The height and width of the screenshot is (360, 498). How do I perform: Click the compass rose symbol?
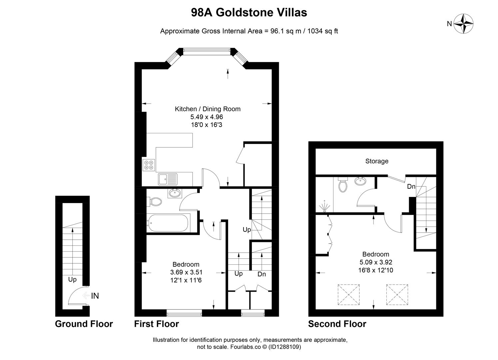click(464, 23)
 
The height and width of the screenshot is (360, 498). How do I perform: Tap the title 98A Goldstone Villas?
click(249, 13)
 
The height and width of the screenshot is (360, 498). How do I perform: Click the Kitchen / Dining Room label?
click(208, 109)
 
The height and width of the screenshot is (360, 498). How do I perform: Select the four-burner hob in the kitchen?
click(149, 165)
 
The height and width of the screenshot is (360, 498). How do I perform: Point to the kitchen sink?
click(168, 179)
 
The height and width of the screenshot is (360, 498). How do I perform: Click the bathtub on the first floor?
click(168, 223)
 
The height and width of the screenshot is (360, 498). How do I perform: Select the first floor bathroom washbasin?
click(175, 193)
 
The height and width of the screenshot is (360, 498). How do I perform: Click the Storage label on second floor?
click(377, 161)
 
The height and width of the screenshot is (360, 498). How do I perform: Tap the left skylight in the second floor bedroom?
click(348, 295)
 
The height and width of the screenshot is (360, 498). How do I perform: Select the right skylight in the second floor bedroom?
click(397, 295)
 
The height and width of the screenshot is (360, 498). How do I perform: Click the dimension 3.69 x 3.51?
click(186, 272)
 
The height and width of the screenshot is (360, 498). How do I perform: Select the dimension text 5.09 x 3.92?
click(376, 262)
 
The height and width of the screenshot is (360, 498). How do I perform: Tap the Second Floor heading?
click(337, 324)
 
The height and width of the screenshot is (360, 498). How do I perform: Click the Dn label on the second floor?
click(411, 187)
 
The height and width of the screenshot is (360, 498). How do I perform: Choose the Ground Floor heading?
click(84, 324)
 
